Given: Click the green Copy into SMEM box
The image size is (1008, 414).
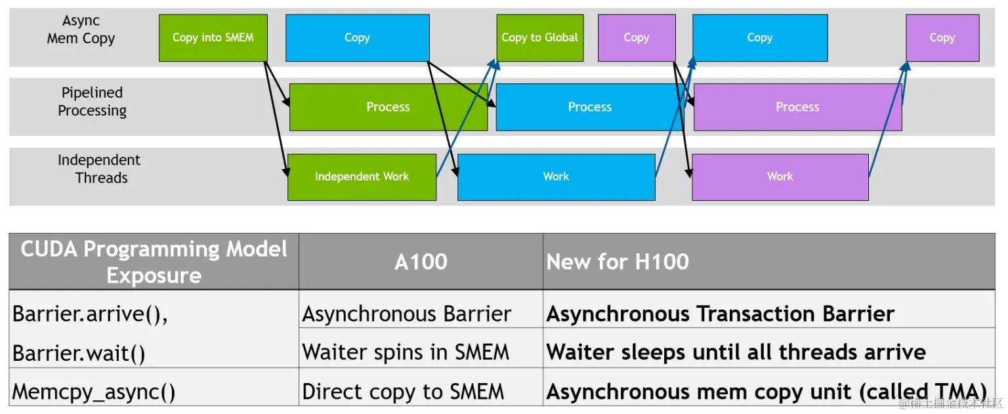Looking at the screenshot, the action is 213,38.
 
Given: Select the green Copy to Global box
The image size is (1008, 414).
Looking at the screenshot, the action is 540,38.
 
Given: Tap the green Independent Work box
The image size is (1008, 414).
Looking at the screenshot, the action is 362,177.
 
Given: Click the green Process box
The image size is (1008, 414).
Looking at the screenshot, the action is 388,107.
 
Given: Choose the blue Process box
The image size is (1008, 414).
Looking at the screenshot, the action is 589,107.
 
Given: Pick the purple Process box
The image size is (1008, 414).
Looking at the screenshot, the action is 798,107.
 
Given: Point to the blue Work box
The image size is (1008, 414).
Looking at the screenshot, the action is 556,177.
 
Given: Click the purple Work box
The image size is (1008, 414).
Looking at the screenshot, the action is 780,177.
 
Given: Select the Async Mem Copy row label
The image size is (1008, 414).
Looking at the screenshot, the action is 81,30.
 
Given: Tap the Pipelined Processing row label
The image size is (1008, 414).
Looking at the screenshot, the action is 93,102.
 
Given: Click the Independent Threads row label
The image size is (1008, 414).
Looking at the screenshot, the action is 99,169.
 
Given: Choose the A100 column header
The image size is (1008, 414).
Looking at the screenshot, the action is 421,262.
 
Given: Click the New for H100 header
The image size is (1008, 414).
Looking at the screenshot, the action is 618,262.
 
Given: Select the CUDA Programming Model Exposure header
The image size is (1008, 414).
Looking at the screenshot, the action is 154,262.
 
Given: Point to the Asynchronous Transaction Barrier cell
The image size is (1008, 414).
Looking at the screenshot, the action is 720,314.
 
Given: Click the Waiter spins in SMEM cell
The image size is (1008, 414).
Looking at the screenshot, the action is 406,352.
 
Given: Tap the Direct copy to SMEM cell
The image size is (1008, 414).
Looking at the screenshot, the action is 403,392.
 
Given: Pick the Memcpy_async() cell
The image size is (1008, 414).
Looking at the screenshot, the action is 94,392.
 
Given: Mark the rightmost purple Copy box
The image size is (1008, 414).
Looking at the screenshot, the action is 943,38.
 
